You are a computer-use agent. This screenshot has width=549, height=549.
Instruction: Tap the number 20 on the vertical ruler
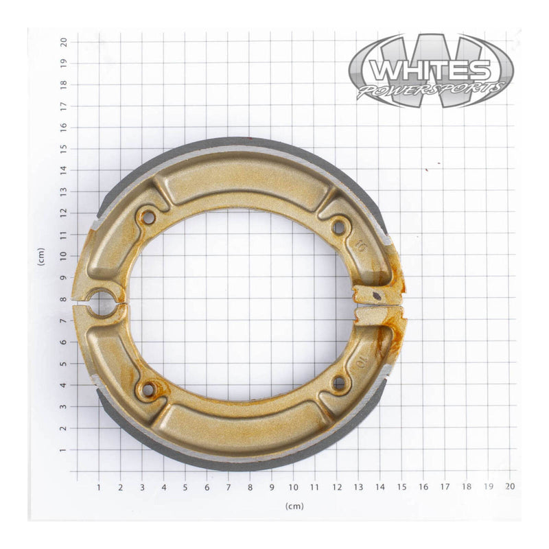click(x=63, y=42)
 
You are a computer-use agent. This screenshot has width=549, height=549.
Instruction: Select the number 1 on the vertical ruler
click(x=63, y=450)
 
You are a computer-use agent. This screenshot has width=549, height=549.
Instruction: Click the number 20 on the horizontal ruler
click(x=510, y=486)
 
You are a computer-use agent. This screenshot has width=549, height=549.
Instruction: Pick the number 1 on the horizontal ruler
click(x=99, y=487)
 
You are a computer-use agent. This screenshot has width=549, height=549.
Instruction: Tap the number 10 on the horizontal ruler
click(x=293, y=487)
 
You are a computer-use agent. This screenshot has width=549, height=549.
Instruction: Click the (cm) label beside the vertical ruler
click(x=42, y=256)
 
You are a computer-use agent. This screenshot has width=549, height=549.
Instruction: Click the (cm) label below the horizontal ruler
click(x=294, y=506)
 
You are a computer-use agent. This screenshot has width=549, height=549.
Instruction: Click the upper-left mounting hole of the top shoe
click(x=147, y=218)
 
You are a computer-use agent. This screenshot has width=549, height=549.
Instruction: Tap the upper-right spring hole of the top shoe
click(x=339, y=226)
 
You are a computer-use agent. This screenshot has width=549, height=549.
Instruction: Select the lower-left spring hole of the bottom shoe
click(x=147, y=390)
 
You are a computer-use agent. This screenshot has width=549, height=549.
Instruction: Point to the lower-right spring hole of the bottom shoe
click(x=339, y=382)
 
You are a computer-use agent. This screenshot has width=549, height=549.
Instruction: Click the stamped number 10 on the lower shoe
click(x=362, y=360)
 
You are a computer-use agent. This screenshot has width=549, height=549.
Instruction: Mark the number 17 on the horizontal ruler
click(x=445, y=487)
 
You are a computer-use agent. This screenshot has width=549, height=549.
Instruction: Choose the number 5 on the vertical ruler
click(x=63, y=364)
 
